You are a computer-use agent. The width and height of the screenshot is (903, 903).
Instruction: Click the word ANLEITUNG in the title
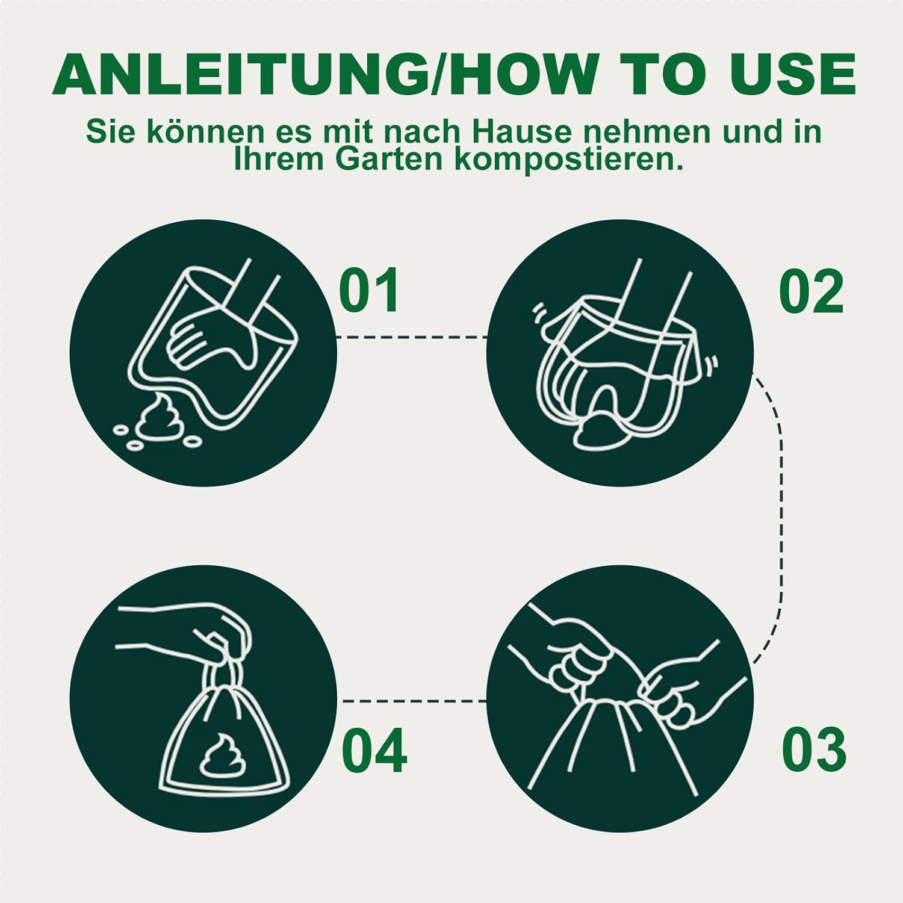tap(240, 74)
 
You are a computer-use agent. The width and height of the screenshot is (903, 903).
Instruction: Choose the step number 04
tap(374, 751)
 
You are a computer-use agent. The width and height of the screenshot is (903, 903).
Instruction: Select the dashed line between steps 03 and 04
tap(414, 701)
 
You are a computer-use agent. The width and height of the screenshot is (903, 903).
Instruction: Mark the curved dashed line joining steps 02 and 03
tap(780, 518)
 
